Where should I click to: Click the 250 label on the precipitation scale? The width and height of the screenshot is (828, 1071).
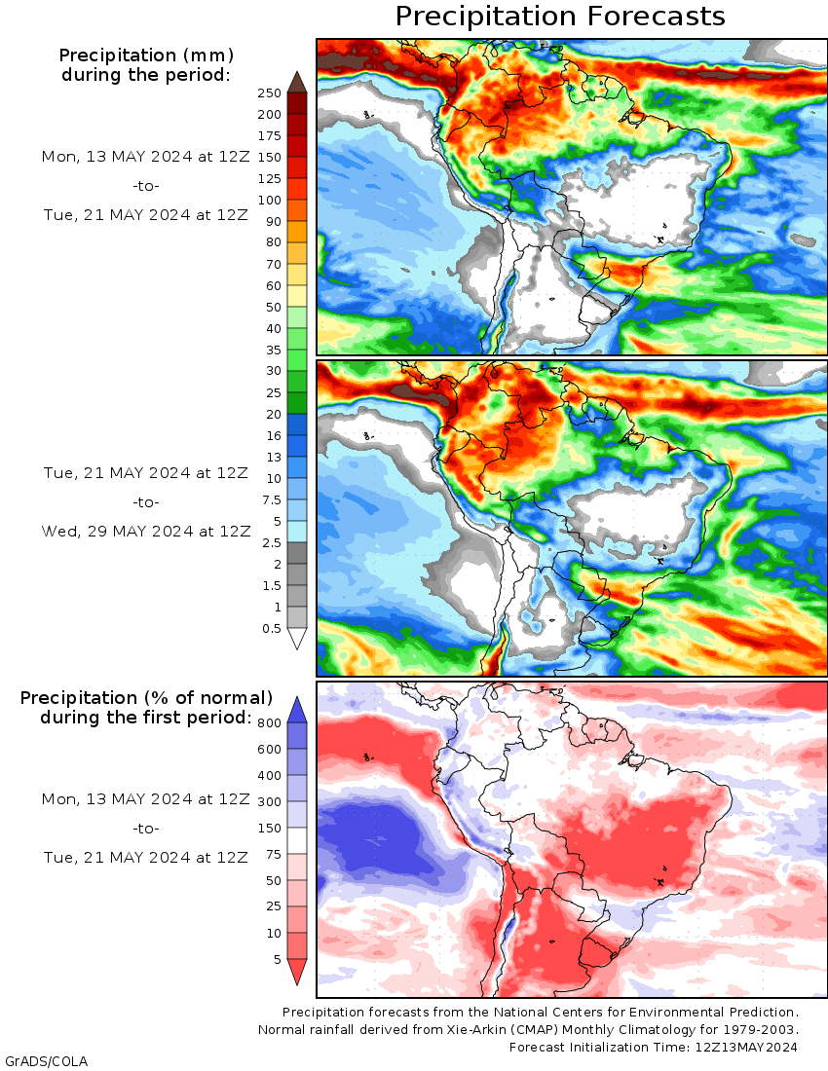coord(269,93)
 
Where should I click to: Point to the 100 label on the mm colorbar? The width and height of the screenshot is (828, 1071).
coord(269,201)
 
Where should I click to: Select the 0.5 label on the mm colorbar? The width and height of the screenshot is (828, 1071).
coord(271,628)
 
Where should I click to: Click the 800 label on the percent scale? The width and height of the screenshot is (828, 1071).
coord(269,722)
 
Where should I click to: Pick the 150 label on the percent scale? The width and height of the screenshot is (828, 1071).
coord(269,829)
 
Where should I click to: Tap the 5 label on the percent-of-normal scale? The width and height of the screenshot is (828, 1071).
coord(277,960)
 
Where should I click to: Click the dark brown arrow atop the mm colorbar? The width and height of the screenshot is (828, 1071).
coord(297,81)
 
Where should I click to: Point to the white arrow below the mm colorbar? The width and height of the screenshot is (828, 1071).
coord(297,639)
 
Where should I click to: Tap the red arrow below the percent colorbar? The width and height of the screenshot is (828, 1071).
coord(297,971)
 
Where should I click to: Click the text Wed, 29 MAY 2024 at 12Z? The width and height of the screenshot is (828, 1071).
coord(146,531)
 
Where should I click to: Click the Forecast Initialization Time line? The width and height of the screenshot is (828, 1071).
coord(654,1047)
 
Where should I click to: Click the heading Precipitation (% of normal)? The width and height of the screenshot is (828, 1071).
coord(146,698)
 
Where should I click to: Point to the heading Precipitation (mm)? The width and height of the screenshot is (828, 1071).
coord(146,55)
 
